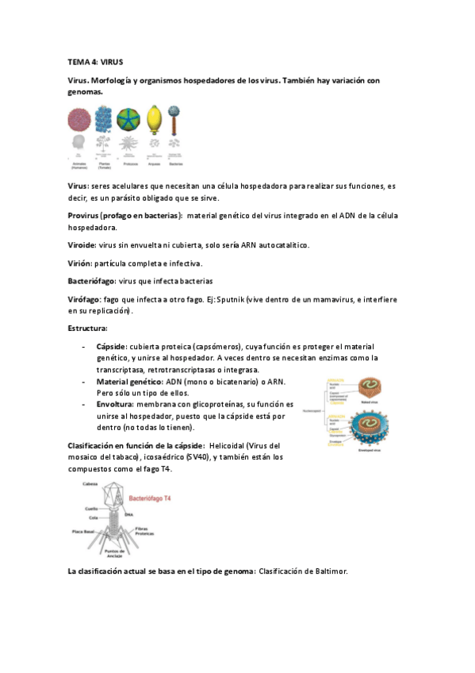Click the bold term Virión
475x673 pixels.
coord(81,263)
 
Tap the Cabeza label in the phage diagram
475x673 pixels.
coord(89,483)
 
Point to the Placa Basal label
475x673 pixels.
coord(84,531)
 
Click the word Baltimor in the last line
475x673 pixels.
coord(328,571)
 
